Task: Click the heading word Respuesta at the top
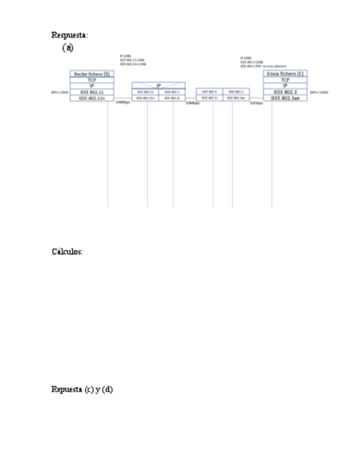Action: pos(69,35)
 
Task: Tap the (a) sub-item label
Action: pos(68,48)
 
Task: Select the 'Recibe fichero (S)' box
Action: pos(92,73)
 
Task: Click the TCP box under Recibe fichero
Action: pos(92,80)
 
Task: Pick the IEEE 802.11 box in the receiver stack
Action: pos(92,92)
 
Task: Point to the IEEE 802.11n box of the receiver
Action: pos(92,99)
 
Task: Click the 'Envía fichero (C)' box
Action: pos(285,73)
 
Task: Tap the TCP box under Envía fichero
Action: pos(285,80)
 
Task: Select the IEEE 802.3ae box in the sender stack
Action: pos(285,99)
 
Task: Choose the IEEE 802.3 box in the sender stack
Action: pos(285,92)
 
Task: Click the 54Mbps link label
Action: pos(123,103)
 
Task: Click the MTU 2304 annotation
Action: pos(60,93)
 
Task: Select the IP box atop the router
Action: pos(158,85)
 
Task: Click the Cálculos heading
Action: pos(67,252)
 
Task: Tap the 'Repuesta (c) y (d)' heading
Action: pos(82,389)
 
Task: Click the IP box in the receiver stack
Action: pos(92,86)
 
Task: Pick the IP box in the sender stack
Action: pos(285,86)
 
